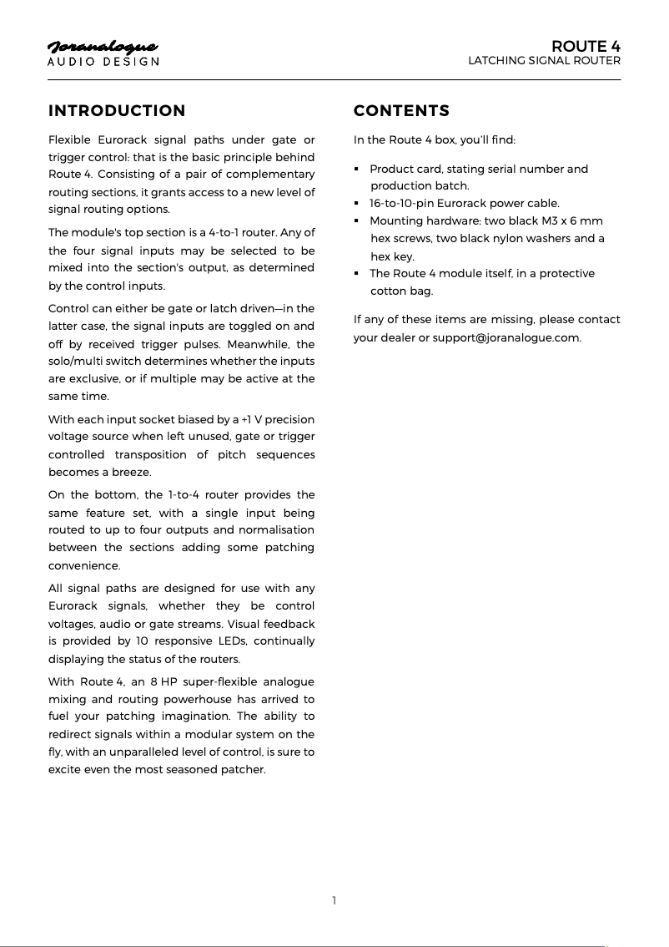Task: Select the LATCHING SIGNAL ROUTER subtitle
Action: pyautogui.click(x=544, y=61)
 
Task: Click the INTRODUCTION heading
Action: pyautogui.click(x=117, y=111)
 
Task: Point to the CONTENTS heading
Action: pyautogui.click(x=401, y=111)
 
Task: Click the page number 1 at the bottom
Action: pyautogui.click(x=334, y=900)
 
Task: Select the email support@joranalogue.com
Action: pyautogui.click(x=506, y=337)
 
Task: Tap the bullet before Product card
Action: pyautogui.click(x=357, y=170)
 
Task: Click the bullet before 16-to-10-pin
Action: pyautogui.click(x=357, y=204)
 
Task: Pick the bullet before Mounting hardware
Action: pyautogui.click(x=357, y=221)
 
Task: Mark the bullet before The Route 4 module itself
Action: pyautogui.click(x=357, y=274)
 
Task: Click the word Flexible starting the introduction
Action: pyautogui.click(x=72, y=139)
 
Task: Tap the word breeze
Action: pyautogui.click(x=133, y=472)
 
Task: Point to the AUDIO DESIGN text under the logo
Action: pyautogui.click(x=103, y=62)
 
